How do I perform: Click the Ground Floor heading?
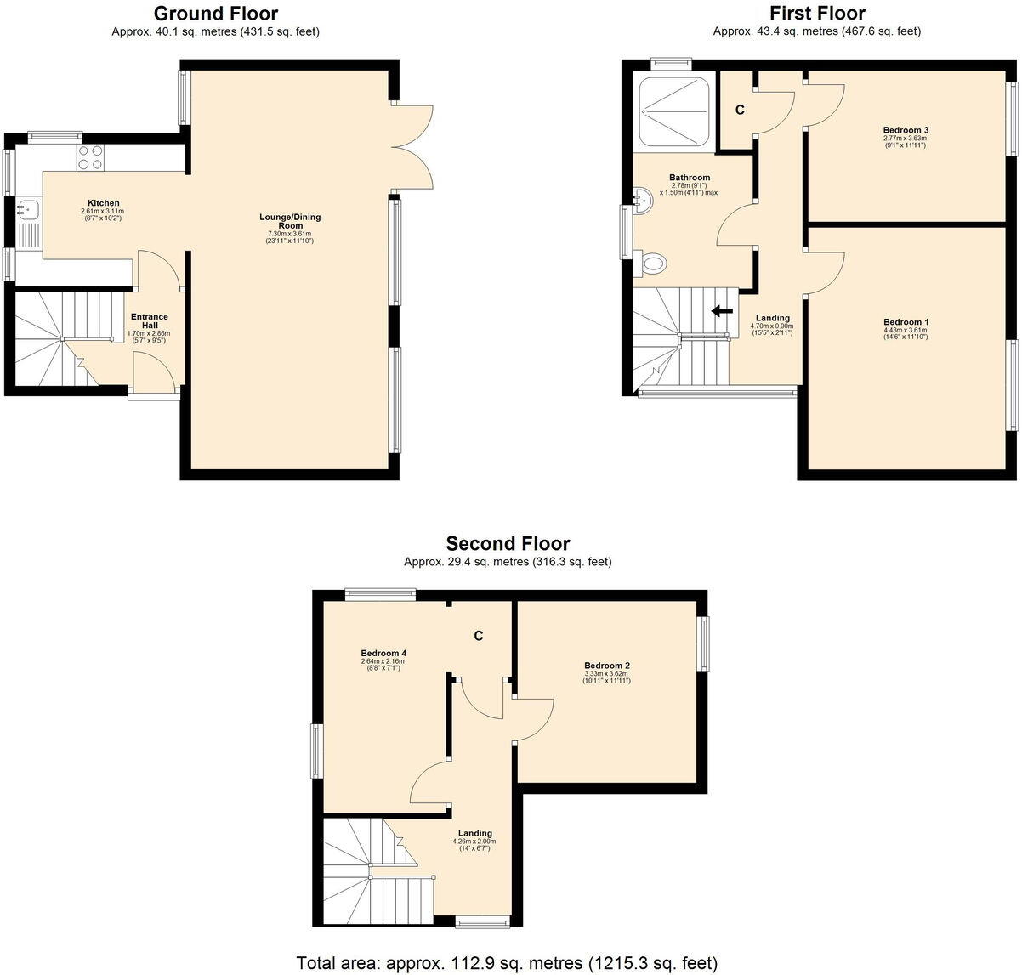point(215,14)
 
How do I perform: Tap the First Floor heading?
point(816,14)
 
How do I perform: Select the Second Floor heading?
point(508,544)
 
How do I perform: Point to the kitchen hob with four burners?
point(91,157)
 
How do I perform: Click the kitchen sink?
point(27,207)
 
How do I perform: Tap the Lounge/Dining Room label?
point(290,221)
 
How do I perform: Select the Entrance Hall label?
point(149,321)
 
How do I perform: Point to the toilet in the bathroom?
point(652,263)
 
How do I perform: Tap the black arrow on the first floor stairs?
point(722,311)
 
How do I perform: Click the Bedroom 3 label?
point(905,130)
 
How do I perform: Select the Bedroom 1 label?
point(906,322)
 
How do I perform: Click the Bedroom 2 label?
point(606,666)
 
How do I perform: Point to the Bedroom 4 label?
point(383,653)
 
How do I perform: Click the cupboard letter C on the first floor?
point(739,111)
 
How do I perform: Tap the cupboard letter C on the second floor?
point(479,636)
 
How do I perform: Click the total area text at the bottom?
point(507,963)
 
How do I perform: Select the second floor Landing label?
point(474,833)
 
